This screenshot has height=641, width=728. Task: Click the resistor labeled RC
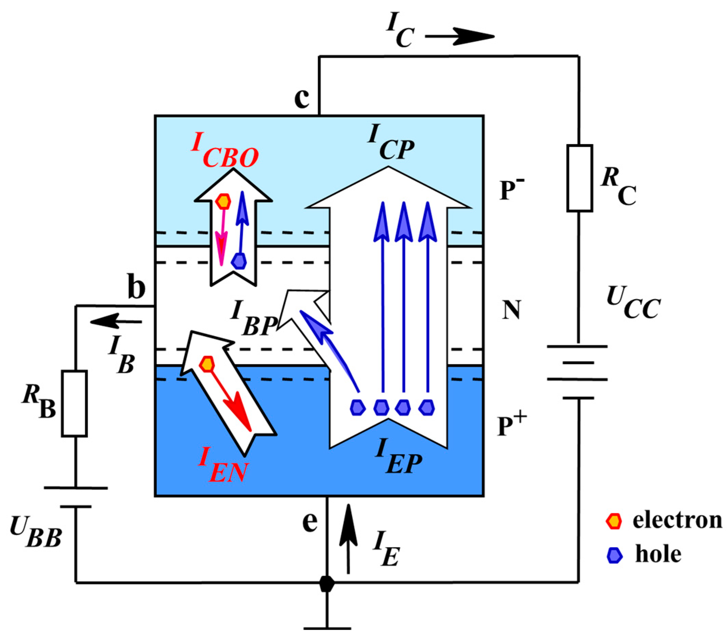click(x=580, y=178)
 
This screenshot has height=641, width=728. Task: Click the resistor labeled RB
click(x=74, y=403)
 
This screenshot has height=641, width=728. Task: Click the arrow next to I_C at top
click(x=460, y=36)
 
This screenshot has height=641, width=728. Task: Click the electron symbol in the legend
click(x=614, y=521)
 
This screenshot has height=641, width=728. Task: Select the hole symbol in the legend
click(x=614, y=555)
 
